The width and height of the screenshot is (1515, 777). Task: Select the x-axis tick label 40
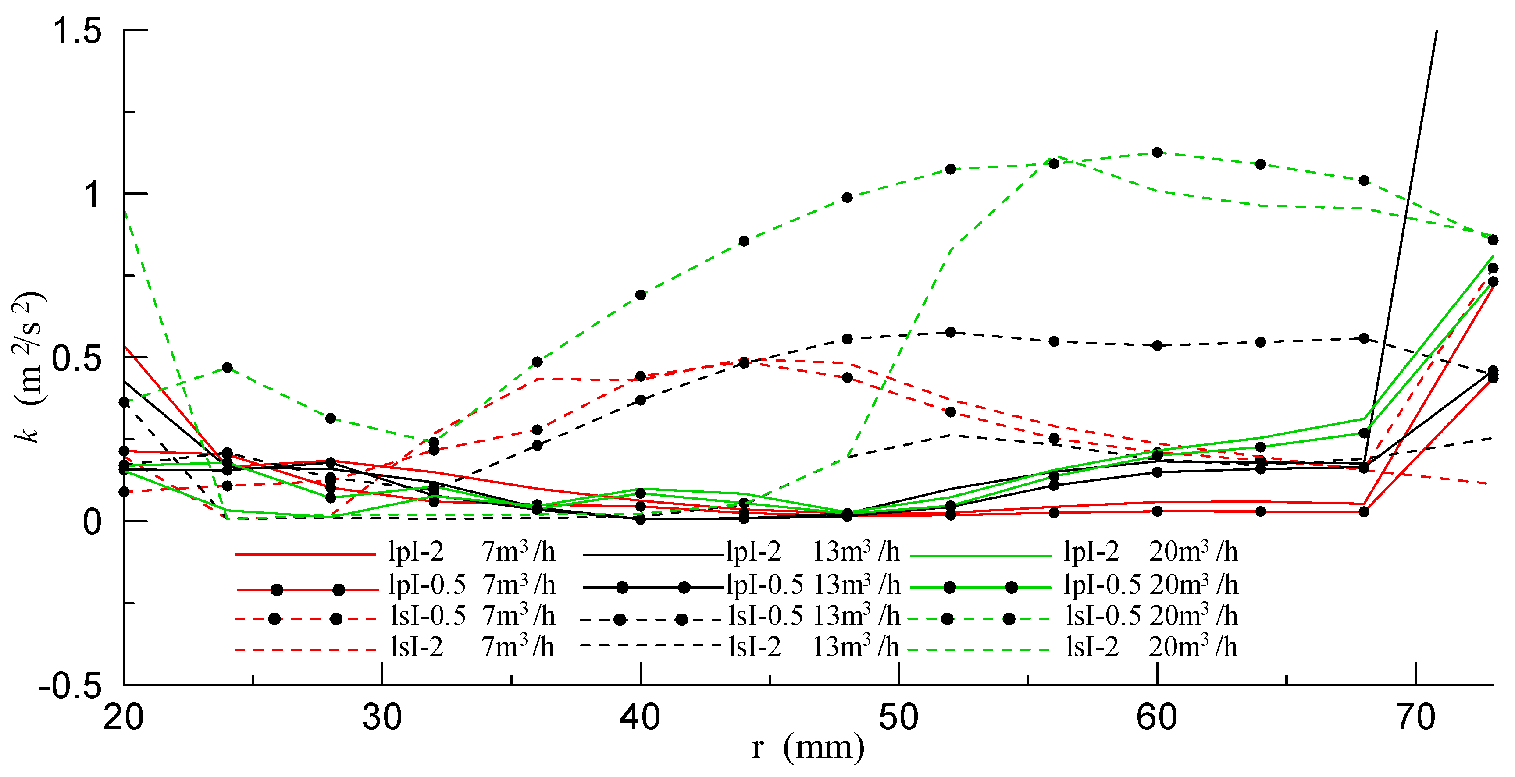(640, 717)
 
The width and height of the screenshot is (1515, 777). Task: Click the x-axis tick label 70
(1415, 717)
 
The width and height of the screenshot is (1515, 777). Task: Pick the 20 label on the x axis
(124, 717)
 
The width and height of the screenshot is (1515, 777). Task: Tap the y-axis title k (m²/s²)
(28, 365)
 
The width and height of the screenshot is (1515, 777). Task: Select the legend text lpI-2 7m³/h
(471, 551)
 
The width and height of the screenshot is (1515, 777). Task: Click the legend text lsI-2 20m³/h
(1151, 647)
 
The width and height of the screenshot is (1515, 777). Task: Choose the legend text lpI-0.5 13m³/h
(813, 585)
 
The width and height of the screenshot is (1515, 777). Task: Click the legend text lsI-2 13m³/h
(813, 647)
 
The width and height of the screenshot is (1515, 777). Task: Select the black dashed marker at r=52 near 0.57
(950, 333)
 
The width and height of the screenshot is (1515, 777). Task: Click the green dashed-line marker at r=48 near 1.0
(847, 198)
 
